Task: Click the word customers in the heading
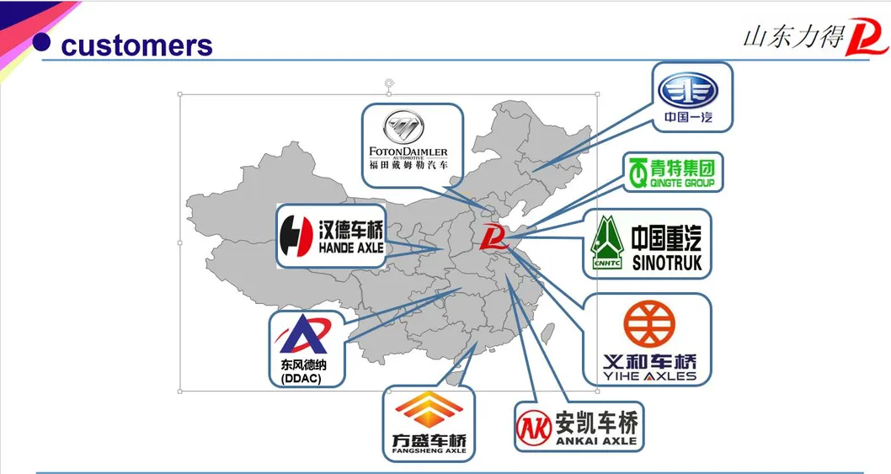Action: [136, 45]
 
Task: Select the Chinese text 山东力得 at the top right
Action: [792, 38]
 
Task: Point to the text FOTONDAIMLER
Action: [408, 152]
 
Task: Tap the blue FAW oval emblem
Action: [687, 90]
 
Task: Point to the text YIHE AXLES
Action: [649, 376]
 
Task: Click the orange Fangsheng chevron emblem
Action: [429, 412]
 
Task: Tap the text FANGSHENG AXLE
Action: [429, 450]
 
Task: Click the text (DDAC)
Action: [301, 379]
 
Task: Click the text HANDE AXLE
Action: [351, 248]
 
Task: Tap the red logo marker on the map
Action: [493, 240]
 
